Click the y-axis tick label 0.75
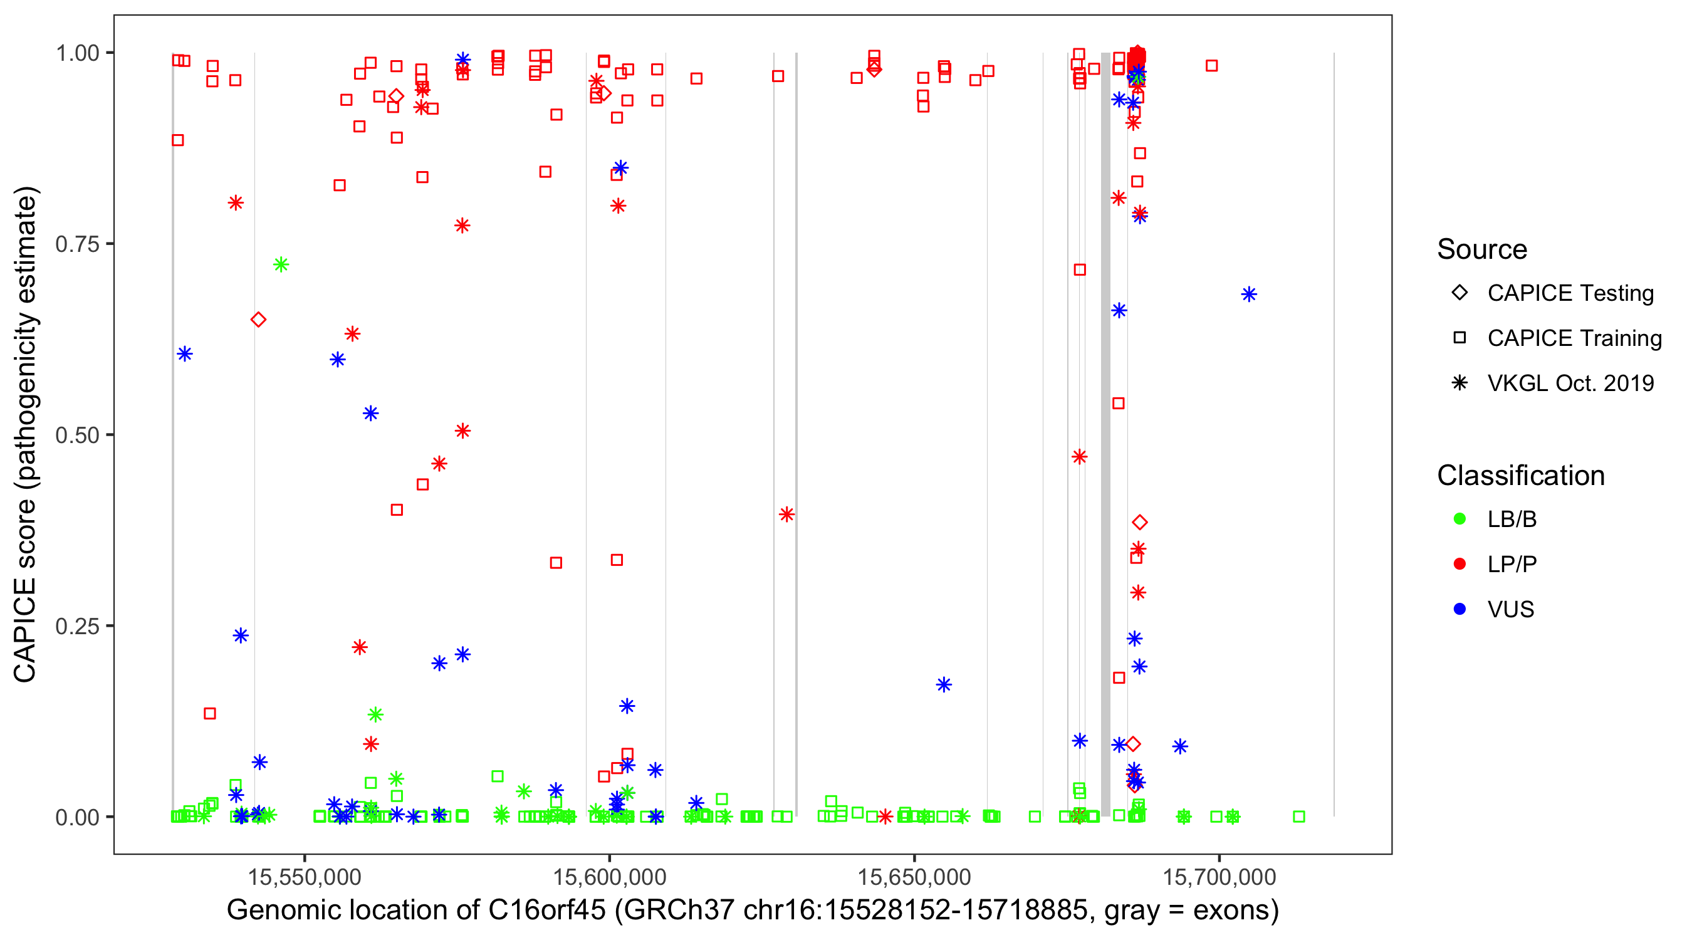[x=76, y=244]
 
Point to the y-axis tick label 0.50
[x=76, y=436]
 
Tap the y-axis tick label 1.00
[x=76, y=53]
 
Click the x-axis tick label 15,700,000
[x=1219, y=876]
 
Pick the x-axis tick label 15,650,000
[x=914, y=876]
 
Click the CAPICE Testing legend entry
[x=1570, y=293]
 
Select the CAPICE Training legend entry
[x=1574, y=338]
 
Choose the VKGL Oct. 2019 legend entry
[x=1570, y=384]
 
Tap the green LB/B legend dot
[x=1460, y=519]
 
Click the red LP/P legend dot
[x=1460, y=564]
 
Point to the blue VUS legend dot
[x=1460, y=610]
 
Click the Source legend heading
[x=1482, y=249]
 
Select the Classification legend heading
[x=1520, y=476]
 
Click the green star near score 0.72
[x=281, y=264]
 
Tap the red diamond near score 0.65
[x=258, y=320]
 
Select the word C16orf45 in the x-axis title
[x=546, y=911]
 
